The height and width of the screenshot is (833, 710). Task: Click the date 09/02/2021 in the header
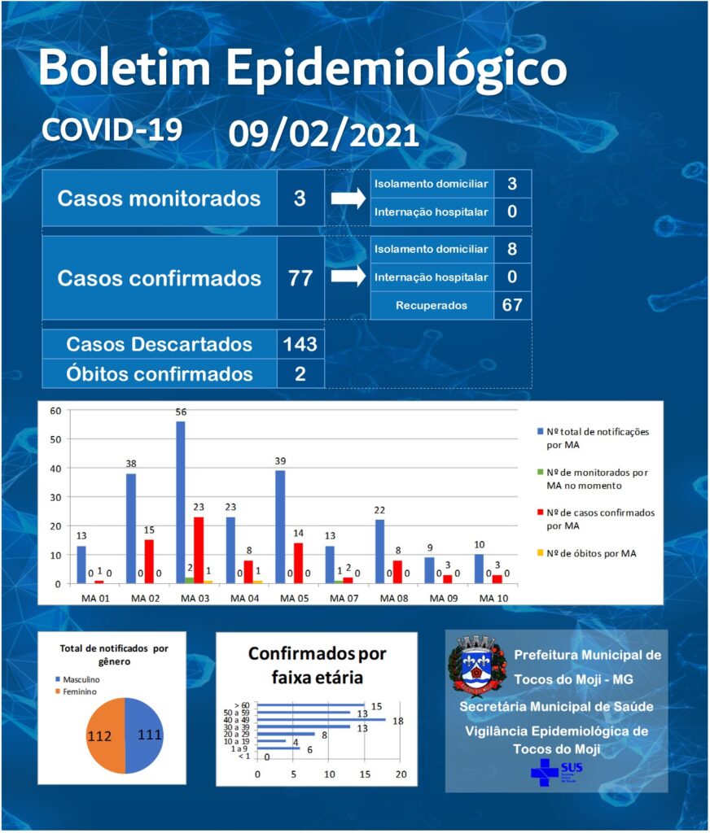[x=324, y=134]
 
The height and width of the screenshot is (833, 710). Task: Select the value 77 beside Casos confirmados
[x=300, y=278]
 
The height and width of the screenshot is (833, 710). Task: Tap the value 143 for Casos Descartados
[x=300, y=344]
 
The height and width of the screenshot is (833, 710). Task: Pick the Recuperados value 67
[x=512, y=305]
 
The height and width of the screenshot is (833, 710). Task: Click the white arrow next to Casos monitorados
[x=348, y=198]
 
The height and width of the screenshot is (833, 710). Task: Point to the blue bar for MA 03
[x=180, y=503]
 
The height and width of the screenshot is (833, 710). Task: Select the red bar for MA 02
[x=149, y=561]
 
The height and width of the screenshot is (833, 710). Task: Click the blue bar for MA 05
[x=280, y=527]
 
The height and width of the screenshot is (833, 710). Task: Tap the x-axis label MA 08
[x=394, y=598]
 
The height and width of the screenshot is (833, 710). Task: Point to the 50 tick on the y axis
[x=55, y=439]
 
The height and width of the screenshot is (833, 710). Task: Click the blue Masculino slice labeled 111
[x=144, y=735]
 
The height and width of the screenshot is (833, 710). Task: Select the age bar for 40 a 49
[x=322, y=719]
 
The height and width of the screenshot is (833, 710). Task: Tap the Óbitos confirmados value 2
[x=300, y=374]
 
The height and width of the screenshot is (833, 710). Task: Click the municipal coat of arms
[x=477, y=665]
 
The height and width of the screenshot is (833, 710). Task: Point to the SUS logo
[x=557, y=772]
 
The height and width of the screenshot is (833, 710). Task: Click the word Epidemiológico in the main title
[x=397, y=69]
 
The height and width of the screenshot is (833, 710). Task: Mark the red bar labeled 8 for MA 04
[x=248, y=572]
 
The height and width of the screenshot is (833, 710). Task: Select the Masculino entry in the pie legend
[x=77, y=679]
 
